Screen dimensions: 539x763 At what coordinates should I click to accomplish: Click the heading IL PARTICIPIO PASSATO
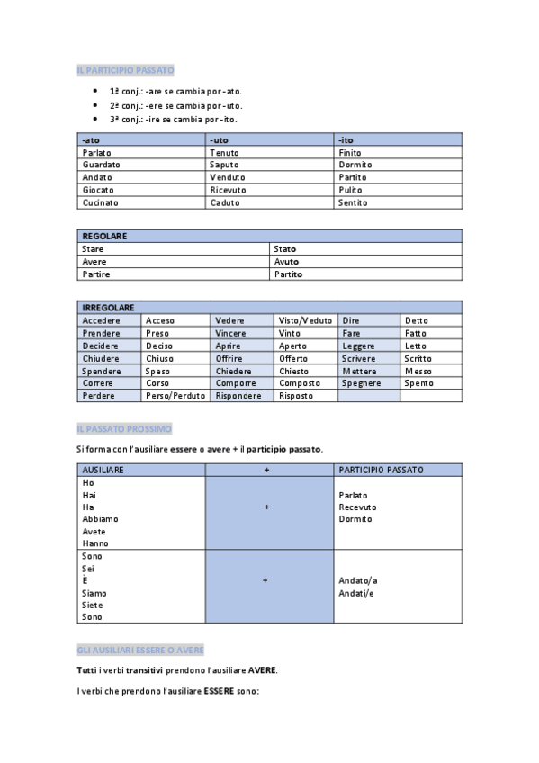(126, 69)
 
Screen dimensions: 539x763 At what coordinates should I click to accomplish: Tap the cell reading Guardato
(101, 165)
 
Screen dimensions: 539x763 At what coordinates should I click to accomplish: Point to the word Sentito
(353, 202)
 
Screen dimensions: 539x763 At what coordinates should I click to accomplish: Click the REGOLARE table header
(104, 236)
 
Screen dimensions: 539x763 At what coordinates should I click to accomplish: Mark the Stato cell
(284, 248)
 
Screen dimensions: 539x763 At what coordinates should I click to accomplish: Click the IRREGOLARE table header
(109, 308)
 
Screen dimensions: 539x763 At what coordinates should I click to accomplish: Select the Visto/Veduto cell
(305, 320)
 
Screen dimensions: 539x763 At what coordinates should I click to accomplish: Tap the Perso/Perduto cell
(175, 396)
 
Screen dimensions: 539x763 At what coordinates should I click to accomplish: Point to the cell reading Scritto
(418, 358)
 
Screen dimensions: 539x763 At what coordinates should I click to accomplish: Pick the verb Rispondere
(238, 396)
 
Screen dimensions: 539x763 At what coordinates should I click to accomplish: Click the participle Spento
(418, 383)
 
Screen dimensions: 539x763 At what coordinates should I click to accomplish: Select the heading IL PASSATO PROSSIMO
(124, 428)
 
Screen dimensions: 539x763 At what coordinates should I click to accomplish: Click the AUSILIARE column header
(103, 470)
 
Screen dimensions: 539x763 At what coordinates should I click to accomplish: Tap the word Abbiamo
(100, 519)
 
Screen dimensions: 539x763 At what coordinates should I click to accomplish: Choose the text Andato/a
(358, 580)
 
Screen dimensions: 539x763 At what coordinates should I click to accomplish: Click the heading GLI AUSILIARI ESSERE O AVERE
(140, 649)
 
